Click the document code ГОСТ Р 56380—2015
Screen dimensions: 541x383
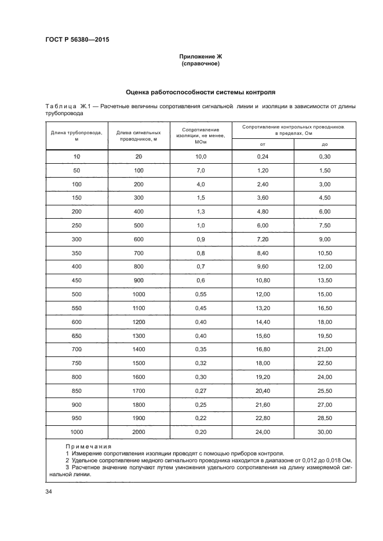(76, 40)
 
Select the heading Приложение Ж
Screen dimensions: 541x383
(200, 56)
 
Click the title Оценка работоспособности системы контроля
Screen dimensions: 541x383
(200, 92)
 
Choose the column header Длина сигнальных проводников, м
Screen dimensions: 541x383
(138, 136)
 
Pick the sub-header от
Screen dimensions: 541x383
(262, 144)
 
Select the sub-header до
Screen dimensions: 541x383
(324, 144)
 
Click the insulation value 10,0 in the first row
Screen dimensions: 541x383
(200, 157)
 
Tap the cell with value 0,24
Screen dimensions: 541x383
(263, 157)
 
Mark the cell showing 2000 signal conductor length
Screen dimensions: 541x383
(138, 432)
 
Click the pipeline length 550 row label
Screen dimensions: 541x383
(76, 308)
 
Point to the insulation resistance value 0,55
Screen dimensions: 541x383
(200, 295)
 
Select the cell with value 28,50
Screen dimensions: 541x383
(324, 418)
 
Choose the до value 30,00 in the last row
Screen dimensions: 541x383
(324, 432)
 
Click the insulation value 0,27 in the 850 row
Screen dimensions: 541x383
(200, 391)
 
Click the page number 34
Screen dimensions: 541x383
(49, 492)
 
